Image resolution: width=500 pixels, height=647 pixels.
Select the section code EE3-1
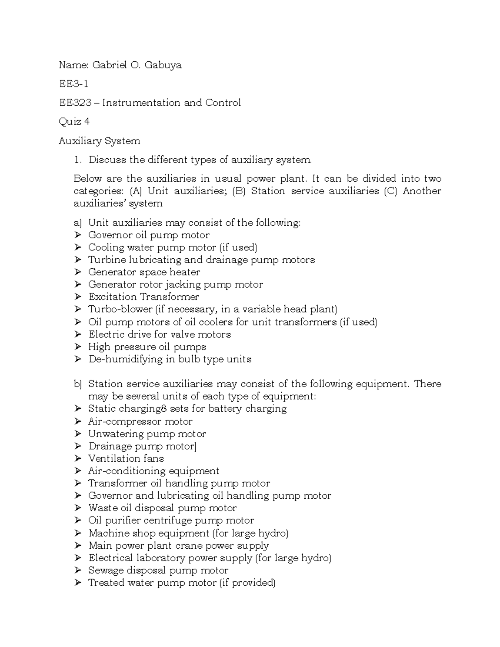(73, 84)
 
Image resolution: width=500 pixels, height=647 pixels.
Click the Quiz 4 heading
(74, 122)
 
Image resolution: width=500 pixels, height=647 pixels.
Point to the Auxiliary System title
(99, 141)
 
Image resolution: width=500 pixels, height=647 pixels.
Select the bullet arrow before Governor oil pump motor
(77, 235)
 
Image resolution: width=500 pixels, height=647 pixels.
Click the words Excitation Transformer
(143, 297)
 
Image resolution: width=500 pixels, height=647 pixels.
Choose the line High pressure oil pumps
(147, 347)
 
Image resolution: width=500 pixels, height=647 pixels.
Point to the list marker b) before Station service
(78, 384)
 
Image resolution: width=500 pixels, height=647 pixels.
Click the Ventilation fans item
(126, 459)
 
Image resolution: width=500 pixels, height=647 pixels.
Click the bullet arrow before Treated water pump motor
(77, 583)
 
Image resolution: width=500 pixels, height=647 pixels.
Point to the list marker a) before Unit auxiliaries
(78, 223)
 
